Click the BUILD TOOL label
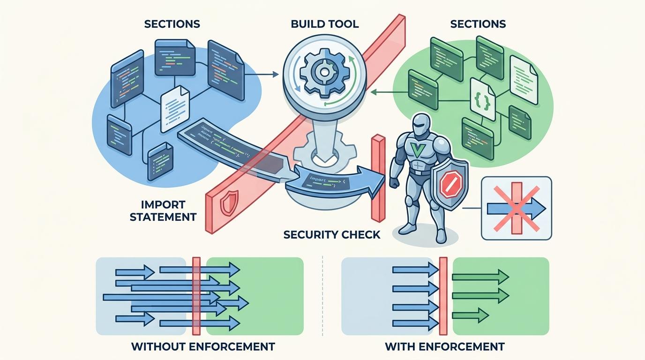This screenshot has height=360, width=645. point(324,23)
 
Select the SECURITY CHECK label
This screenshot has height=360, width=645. point(332,234)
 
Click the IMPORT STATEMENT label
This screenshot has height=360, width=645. point(163,211)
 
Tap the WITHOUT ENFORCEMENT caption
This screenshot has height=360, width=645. point(202,347)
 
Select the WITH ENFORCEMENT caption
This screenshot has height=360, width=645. point(444,347)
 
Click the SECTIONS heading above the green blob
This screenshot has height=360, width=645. point(478,23)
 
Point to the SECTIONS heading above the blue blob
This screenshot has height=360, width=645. point(172,23)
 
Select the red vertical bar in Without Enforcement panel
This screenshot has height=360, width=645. point(196,296)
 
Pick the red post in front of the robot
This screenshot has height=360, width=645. point(378,178)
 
